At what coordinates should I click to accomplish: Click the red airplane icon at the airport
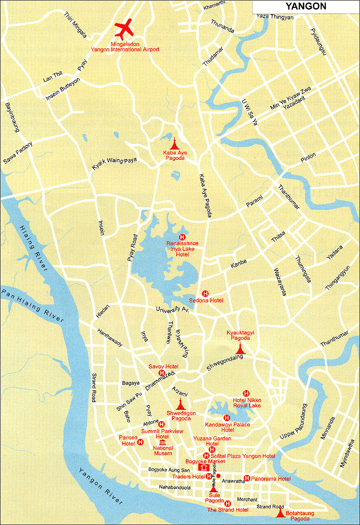coord(125,30)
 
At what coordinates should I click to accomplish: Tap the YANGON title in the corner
coord(306,6)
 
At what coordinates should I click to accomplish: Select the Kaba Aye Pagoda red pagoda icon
coord(174,143)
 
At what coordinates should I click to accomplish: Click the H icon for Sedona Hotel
coord(205,293)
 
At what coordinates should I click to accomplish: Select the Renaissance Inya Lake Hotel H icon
coord(182,237)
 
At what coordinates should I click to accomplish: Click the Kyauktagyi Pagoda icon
coord(240,349)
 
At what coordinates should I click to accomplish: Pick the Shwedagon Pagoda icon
coord(180,404)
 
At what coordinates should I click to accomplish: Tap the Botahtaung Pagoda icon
coord(280,512)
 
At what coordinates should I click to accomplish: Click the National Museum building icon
coord(162,442)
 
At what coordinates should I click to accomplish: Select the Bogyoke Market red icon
coord(204,467)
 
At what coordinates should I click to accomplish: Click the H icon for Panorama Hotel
coord(247,478)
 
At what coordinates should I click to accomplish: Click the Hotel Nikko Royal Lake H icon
coord(246,393)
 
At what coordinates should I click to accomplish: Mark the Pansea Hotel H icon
coord(140,442)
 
